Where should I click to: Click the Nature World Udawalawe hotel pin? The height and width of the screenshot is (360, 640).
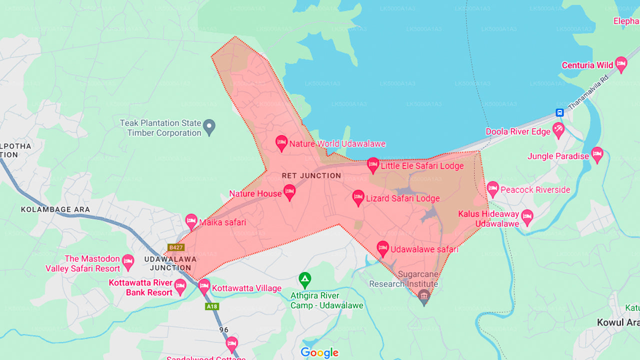(281, 143)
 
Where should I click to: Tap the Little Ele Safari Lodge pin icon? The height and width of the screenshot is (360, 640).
(373, 165)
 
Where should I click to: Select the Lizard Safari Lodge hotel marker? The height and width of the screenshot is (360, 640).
(358, 197)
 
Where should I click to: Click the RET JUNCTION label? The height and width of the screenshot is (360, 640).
(311, 175)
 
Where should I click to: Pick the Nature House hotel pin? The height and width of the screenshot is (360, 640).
(289, 192)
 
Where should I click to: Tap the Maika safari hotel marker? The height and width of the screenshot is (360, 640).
(191, 221)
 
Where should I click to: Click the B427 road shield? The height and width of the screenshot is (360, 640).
(176, 247)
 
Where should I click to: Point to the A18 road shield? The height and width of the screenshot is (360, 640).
(212, 306)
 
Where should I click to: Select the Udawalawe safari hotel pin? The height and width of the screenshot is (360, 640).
(383, 248)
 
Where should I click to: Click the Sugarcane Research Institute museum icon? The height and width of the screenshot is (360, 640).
(424, 296)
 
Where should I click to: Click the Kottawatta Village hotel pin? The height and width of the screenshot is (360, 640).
(204, 287)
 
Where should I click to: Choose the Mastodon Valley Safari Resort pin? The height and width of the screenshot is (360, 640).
(128, 261)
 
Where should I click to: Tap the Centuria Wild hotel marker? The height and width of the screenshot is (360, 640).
(621, 64)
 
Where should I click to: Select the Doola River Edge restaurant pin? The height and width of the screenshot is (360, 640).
(558, 130)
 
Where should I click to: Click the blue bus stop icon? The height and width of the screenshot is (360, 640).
(559, 112)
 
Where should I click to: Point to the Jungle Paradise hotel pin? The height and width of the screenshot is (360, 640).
(597, 155)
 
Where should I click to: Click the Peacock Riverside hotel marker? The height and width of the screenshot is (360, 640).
(493, 189)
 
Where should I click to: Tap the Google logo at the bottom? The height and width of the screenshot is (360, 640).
(319, 353)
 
